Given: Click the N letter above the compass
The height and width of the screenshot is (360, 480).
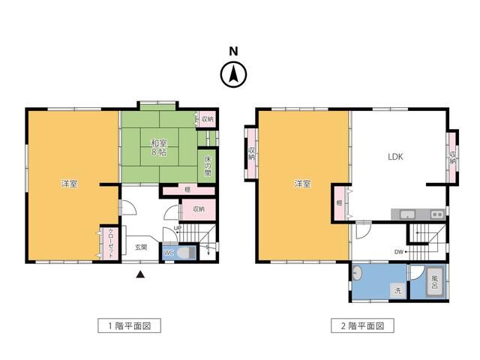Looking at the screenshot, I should pos(233,51).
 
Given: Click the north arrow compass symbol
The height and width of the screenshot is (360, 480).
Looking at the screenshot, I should pos(233,74).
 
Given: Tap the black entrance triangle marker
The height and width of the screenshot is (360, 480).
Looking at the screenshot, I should pos(139,274).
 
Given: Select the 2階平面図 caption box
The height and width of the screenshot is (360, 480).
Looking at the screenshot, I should pos(363,326).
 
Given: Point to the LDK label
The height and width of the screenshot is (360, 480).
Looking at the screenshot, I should pos(395,157).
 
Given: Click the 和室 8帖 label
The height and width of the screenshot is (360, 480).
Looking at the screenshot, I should pos(158,148).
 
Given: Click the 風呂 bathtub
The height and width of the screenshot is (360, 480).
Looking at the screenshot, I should pos(433,282).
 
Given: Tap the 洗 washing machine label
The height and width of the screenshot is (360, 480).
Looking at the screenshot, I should pos(398,289).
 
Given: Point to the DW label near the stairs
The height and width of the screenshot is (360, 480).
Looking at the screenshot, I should pos(399,252).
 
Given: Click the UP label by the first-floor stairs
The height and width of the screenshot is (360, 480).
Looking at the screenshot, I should pos(178,228).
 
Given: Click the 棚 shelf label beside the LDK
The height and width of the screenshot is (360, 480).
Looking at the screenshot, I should pos(339,202).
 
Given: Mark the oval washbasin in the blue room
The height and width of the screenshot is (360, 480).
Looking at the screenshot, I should pos(358,274).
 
